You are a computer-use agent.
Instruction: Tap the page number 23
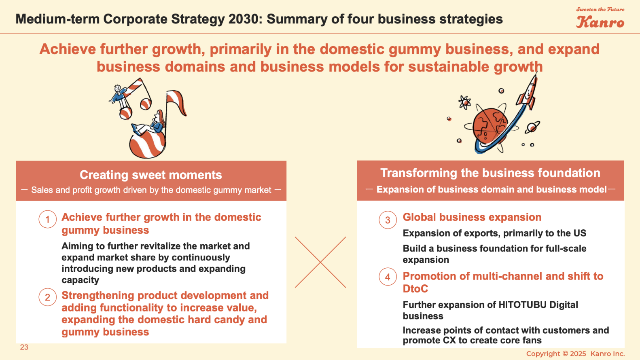click(24, 347)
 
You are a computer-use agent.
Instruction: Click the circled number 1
click(47, 219)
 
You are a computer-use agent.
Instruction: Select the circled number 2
click(47, 297)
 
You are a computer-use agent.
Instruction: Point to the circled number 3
click(388, 220)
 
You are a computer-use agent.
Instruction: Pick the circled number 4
click(388, 277)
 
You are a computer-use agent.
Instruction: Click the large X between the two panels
click(320, 262)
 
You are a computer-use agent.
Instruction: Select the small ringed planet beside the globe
click(532, 127)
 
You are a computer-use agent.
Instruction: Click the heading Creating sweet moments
click(151, 175)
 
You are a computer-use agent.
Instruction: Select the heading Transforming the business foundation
click(490, 173)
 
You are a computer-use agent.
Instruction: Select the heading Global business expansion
click(472, 217)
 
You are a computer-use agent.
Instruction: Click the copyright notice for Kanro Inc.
click(575, 354)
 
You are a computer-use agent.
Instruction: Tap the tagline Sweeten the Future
click(600, 9)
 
